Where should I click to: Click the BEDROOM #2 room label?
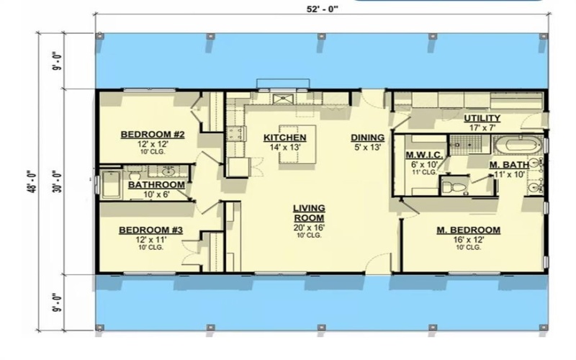(153, 134)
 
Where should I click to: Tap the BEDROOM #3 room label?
(151, 230)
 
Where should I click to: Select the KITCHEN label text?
(285, 138)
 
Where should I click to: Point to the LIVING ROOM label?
(308, 212)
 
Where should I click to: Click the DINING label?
(367, 138)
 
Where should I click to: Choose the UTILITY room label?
(482, 118)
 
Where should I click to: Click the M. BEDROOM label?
(469, 230)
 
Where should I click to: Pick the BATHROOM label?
(156, 185)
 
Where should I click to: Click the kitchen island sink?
(283, 99)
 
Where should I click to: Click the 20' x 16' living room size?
(308, 228)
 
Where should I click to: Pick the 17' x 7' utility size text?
(482, 127)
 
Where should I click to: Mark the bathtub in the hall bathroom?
(111, 184)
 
